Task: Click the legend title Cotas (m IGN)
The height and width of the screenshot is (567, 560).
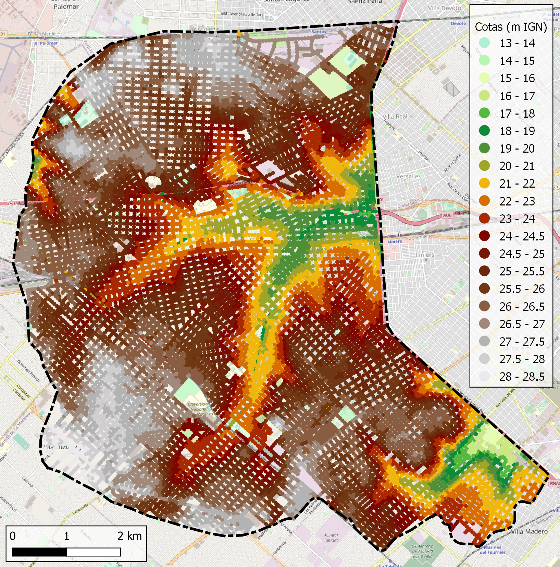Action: (x=511, y=27)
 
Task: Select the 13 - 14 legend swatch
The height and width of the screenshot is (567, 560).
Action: (x=484, y=43)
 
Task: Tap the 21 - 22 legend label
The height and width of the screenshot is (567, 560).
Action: (x=517, y=184)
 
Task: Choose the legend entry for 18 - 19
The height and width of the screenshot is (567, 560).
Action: (x=517, y=131)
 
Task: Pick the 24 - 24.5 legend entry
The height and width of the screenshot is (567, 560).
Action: (x=522, y=236)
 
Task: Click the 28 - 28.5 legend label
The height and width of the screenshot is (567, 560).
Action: (x=522, y=377)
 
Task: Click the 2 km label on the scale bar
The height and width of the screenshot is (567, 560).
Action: (x=129, y=536)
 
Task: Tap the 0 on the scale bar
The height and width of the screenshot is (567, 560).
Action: (x=13, y=536)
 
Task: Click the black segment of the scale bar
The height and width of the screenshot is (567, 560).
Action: (x=39, y=552)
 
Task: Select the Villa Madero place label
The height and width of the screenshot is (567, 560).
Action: (x=529, y=532)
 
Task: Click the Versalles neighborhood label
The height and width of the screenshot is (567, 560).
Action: (x=408, y=176)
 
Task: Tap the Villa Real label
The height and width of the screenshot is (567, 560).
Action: (x=395, y=117)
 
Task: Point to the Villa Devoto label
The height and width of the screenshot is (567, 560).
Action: (x=444, y=8)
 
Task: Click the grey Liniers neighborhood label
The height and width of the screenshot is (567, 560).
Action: (x=425, y=255)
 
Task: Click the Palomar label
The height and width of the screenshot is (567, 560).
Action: (x=66, y=6)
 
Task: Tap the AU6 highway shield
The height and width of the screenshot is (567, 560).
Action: (x=447, y=215)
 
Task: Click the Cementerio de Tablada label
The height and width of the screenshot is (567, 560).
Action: (x=422, y=551)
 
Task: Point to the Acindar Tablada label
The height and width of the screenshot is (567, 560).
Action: (x=331, y=538)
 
